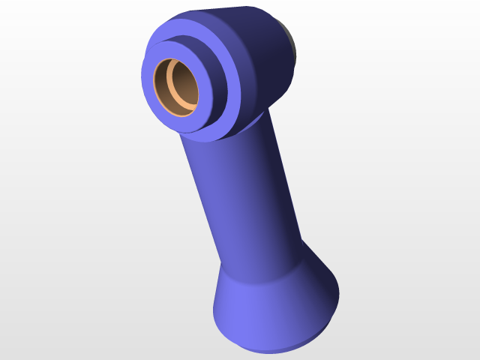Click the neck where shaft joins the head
click(x=225, y=139)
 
